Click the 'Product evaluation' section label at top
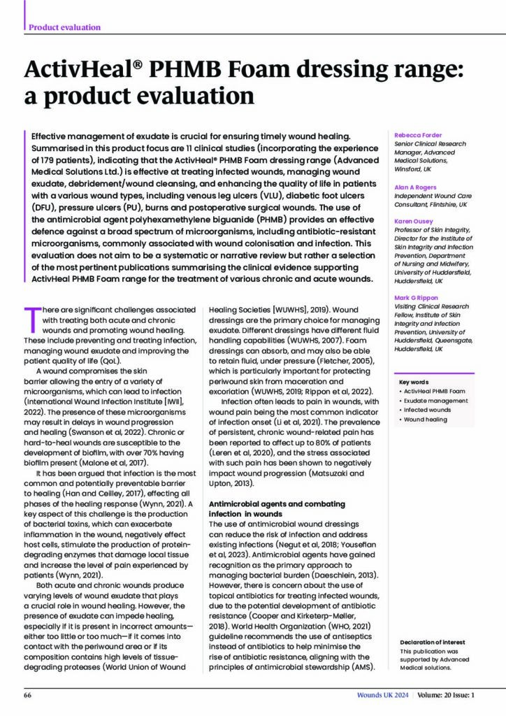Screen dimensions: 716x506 coord(64,27)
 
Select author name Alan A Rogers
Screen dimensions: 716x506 coord(415,178)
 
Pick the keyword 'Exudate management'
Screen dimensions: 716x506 coord(435,401)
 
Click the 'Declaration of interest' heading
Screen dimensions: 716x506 coord(432,642)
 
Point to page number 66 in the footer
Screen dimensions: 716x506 coord(29,696)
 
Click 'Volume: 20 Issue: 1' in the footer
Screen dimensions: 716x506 coord(448,696)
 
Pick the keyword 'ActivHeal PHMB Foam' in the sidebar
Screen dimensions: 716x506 coord(434,392)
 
